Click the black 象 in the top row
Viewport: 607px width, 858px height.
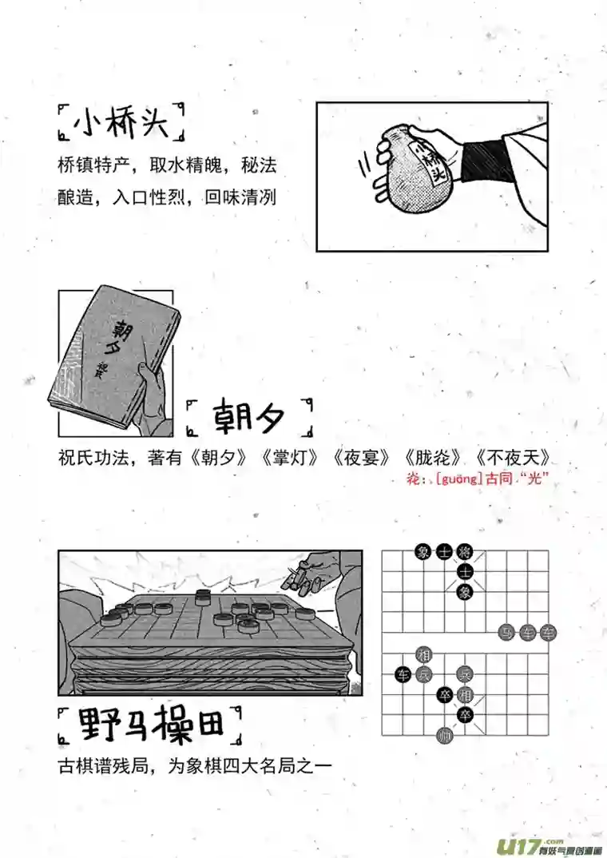[423, 551]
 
